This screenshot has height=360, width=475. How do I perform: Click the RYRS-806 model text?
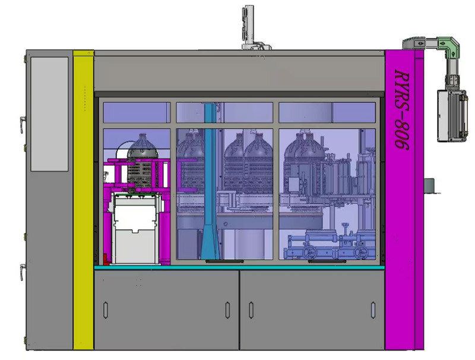(x=402, y=109)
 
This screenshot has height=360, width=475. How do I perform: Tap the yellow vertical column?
(x=83, y=200)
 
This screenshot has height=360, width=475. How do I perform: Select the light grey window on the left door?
(x=49, y=114)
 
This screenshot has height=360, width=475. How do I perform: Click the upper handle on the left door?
(x=22, y=125)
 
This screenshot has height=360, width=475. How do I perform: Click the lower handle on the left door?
(x=22, y=271)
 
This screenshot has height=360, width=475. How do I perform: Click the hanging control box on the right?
(x=452, y=115)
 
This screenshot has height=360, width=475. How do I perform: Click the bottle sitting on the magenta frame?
(x=142, y=160)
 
